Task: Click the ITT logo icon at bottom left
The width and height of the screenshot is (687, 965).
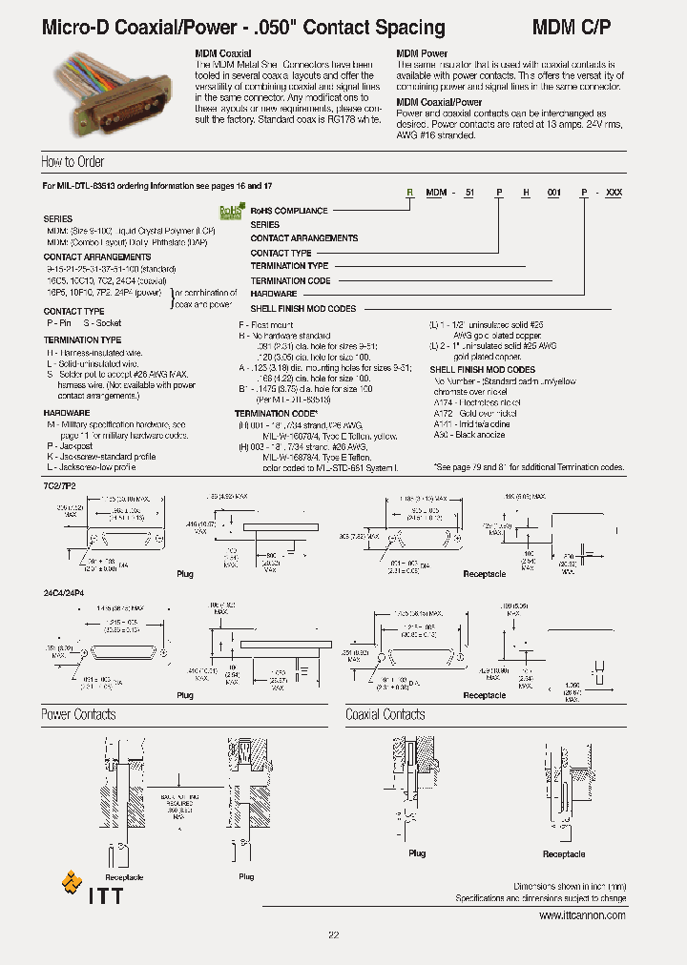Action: click(x=72, y=882)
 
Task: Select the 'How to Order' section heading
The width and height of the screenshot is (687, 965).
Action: click(x=73, y=162)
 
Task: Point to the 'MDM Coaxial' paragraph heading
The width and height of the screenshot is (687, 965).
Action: click(x=223, y=54)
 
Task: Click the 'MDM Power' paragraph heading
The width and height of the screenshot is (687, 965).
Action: click(x=422, y=54)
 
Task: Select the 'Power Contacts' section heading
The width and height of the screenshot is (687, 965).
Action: click(x=78, y=715)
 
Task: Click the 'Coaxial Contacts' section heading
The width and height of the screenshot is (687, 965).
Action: click(x=385, y=715)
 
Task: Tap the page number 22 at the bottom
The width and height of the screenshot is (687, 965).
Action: click(x=334, y=935)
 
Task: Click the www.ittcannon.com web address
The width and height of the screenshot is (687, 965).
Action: click(x=582, y=915)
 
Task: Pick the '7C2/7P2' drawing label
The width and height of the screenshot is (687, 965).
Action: click(x=58, y=486)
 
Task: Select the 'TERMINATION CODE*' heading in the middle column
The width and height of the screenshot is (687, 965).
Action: click(x=275, y=414)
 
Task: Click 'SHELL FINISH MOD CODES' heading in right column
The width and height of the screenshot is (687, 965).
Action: click(x=482, y=369)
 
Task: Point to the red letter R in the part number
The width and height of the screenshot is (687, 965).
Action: click(x=410, y=193)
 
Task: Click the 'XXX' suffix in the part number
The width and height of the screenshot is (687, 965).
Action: click(x=614, y=193)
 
